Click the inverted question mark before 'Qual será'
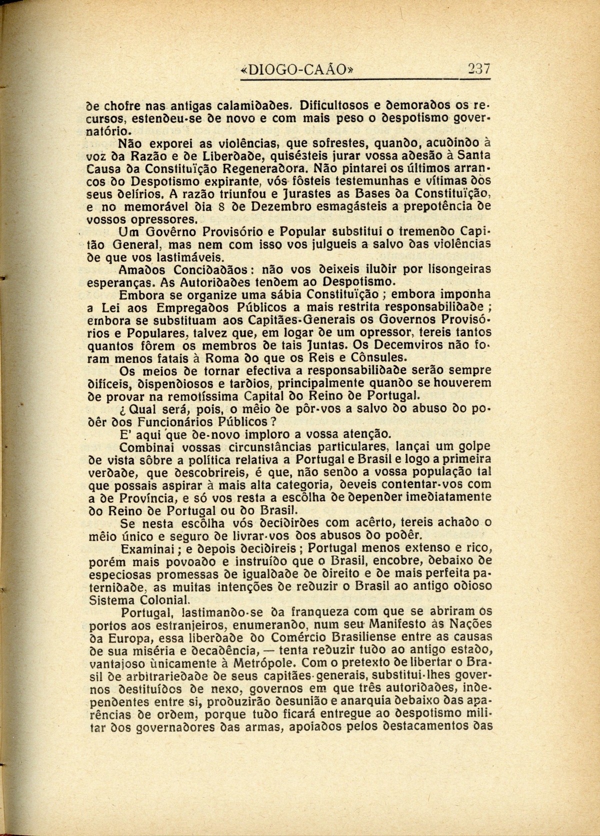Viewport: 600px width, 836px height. [x=117, y=408]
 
